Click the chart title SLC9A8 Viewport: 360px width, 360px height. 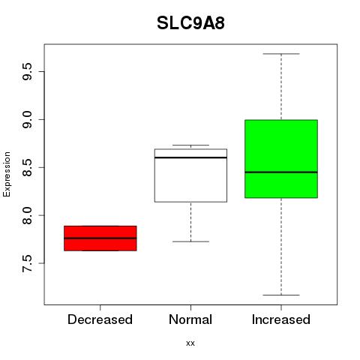tap(190, 23)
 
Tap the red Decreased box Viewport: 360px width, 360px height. tap(100, 238)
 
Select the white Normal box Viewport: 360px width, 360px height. tap(190, 175)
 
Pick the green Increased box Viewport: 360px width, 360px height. tap(281, 159)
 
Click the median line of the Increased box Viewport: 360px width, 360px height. tap(281, 172)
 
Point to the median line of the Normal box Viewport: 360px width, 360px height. tap(190, 157)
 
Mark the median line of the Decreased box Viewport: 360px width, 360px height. tap(100, 238)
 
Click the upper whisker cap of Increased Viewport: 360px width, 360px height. tap(281, 54)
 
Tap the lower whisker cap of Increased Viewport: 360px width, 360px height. tap(281, 295)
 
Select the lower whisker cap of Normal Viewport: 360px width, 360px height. tap(190, 241)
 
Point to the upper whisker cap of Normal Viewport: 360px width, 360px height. tap(190, 145)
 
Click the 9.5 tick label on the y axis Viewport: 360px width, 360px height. tap(27, 71)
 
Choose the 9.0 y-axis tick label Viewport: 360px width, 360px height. tap(27, 119)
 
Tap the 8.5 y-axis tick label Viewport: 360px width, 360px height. tap(27, 167)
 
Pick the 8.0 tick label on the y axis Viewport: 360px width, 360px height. tap(27, 215)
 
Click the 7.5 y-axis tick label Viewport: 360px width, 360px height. tap(27, 263)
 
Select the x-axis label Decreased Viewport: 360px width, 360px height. tap(100, 319)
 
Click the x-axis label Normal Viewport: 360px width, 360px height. tap(190, 319)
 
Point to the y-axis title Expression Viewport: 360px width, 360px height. tap(7, 175)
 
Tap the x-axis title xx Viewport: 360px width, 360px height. tap(190, 343)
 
